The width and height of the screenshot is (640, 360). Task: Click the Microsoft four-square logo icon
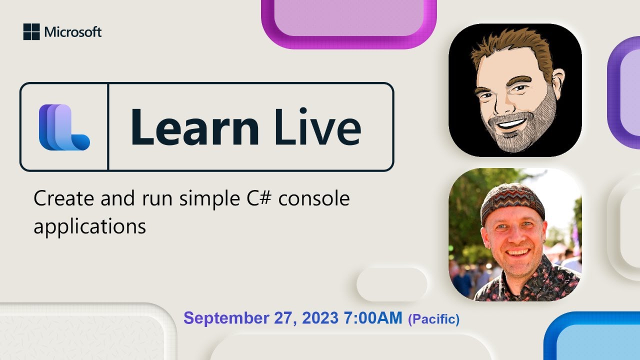(31, 32)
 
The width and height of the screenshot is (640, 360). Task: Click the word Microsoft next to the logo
(73, 32)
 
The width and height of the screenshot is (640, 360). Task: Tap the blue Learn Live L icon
(64, 127)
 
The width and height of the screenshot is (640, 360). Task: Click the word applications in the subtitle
(89, 226)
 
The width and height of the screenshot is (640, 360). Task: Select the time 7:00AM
(373, 318)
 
